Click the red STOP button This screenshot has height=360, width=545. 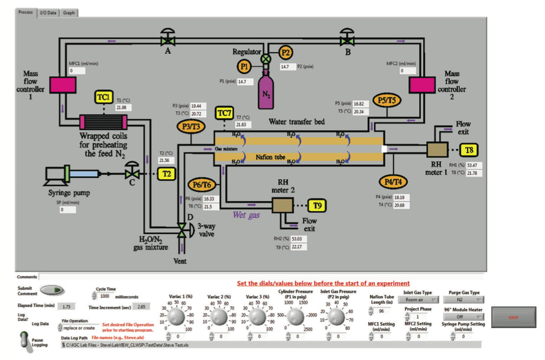513,317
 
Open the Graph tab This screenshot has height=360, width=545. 69,12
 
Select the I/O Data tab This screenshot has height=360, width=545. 47,12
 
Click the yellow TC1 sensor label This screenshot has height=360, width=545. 105,96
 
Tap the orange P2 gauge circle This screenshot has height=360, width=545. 286,52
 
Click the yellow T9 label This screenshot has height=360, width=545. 317,205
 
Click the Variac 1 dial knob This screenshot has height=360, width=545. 176,318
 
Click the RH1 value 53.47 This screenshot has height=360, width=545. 475,165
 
